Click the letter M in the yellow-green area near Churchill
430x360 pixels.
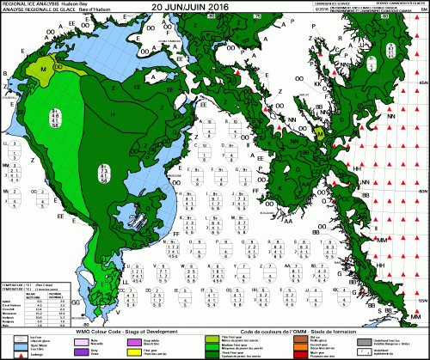44,67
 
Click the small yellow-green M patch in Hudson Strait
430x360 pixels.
318,133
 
